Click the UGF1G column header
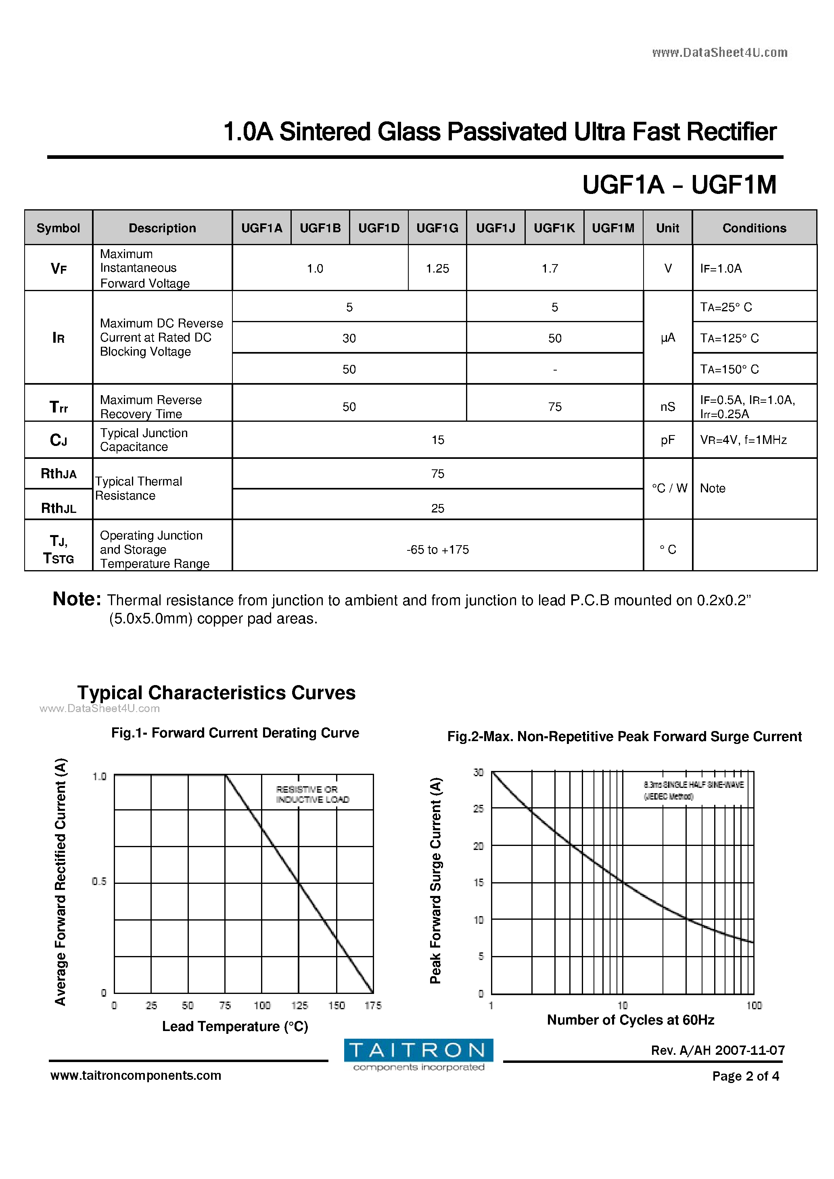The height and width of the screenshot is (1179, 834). pos(437,228)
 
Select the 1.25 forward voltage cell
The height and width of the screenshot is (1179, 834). pos(437,269)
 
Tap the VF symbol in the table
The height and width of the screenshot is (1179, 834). pos(59,269)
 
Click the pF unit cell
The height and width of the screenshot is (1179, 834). pos(667,440)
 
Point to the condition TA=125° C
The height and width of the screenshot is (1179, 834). pos(729,338)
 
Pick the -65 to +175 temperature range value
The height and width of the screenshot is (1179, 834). pos(437,550)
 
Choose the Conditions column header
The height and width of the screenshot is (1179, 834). pos(754,228)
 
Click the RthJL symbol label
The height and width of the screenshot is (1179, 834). pos(59,508)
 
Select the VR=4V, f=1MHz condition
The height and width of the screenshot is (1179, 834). pos(743,440)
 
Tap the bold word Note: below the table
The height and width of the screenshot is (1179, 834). pos(77,599)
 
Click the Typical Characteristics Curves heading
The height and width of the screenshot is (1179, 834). pos(216,693)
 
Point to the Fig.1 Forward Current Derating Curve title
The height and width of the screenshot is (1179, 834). pos(235,733)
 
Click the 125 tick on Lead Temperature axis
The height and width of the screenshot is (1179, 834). pos(299,1006)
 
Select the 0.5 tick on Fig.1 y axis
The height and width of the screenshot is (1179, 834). pos(99,882)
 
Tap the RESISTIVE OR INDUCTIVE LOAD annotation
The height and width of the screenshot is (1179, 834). pos(312,794)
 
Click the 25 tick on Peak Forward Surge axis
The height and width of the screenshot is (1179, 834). pos(479,809)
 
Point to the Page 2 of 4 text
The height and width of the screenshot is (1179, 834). pos(745,1076)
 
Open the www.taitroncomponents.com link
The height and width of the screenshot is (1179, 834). pos(136,1075)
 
